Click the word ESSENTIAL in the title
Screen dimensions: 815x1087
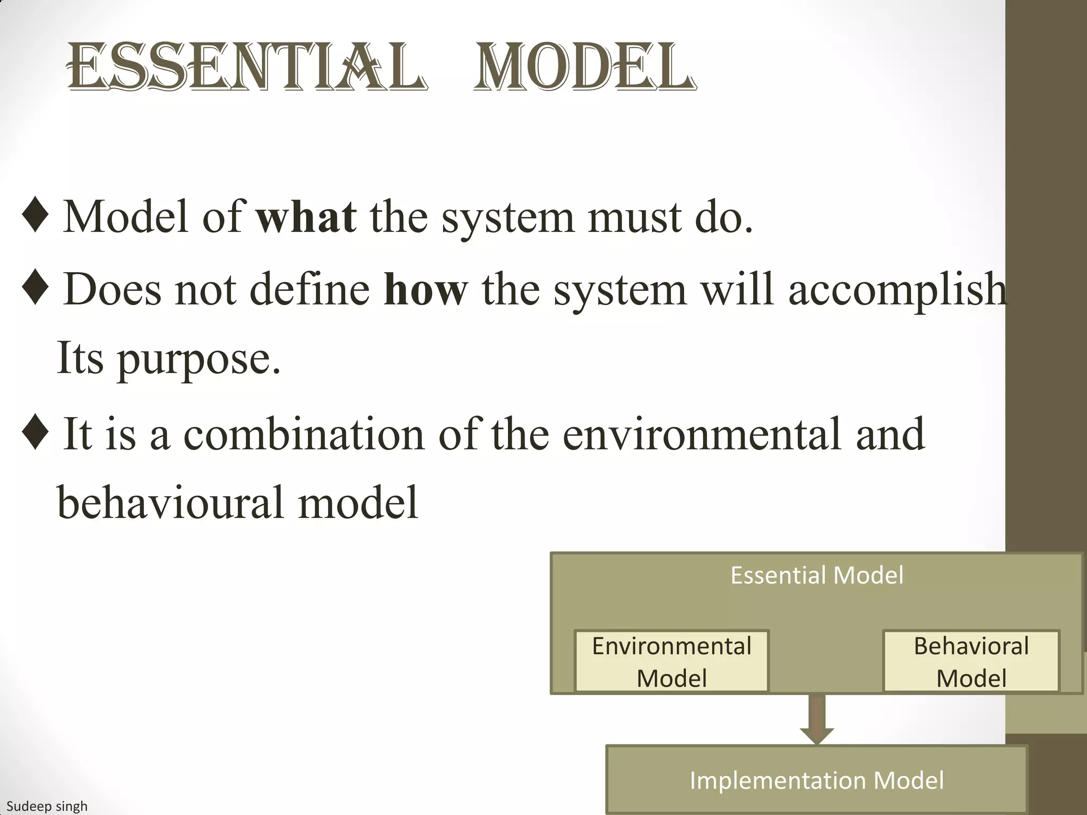(247, 68)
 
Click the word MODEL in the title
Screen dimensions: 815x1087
(584, 68)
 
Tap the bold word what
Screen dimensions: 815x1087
(306, 217)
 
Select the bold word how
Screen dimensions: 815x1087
(426, 290)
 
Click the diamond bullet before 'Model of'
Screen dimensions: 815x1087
(36, 215)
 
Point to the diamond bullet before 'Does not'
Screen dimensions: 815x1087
(36, 287)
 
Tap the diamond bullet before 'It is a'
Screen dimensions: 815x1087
(36, 432)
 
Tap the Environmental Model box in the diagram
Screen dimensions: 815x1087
(671, 662)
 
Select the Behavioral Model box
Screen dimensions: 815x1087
(971, 662)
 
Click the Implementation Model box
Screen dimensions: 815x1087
(816, 780)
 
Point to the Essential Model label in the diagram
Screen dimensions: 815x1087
(816, 575)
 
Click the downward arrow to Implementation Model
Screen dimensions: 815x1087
(816, 719)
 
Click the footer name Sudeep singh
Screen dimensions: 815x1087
(47, 807)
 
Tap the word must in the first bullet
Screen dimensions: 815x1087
(634, 218)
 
